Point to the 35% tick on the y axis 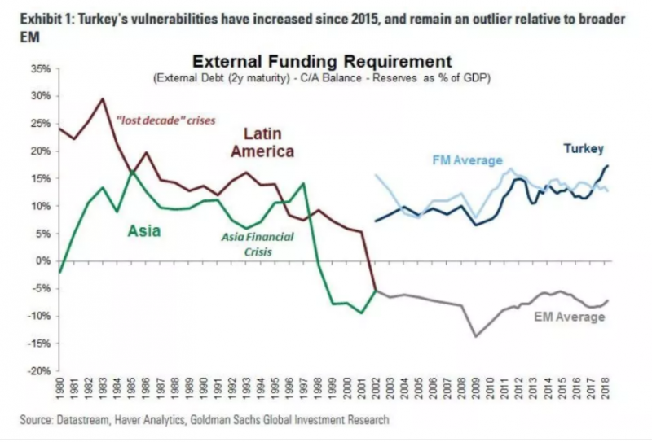(39, 68)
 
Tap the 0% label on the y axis (42, 261)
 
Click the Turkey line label (583, 149)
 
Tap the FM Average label (468, 160)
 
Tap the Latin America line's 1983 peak (103, 99)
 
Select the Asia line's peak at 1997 (304, 182)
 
